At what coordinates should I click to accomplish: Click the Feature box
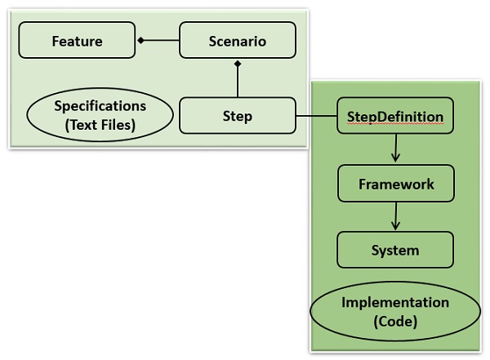pos(77,40)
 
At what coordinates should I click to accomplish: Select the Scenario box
pos(236,40)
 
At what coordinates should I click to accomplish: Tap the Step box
pos(236,116)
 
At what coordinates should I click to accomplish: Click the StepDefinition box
pos(394,116)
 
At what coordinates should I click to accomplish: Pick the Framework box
pos(395,184)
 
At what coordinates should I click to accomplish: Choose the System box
pos(395,250)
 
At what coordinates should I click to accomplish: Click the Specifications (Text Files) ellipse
pos(100,114)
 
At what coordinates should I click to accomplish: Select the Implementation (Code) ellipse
pos(394,312)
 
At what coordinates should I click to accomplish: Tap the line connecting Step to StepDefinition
pos(315,116)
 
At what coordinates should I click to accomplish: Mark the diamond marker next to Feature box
pos(140,40)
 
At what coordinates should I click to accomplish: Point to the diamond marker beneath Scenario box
pos(236,63)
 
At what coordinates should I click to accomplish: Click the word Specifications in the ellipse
pos(100,106)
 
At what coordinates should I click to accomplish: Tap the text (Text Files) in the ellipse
pos(100,124)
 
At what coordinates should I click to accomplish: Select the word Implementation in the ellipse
pos(395,303)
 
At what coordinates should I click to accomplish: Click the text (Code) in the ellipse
pos(395,322)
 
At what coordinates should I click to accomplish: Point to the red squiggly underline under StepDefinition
pos(395,124)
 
